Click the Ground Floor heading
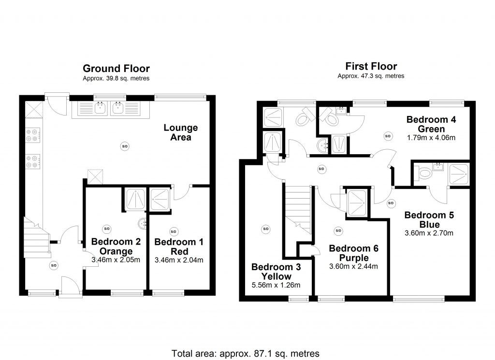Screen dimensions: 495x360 pyautogui.click(x=116, y=69)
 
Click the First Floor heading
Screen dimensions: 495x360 pyautogui.click(x=371, y=66)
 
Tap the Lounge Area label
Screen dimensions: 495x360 pyautogui.click(x=181, y=132)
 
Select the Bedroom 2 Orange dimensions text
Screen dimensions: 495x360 pyautogui.click(x=116, y=260)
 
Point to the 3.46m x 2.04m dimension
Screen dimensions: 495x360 pyautogui.click(x=179, y=260)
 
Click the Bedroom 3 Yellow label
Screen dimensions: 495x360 pyautogui.click(x=276, y=272)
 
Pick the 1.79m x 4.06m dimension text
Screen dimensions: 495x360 pyautogui.click(x=431, y=138)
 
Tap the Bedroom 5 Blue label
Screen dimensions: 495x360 pyautogui.click(x=429, y=219)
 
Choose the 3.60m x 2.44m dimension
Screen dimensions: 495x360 pyautogui.click(x=353, y=266)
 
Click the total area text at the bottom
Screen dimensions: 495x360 pyautogui.click(x=245, y=353)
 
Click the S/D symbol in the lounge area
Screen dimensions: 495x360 pyautogui.click(x=125, y=146)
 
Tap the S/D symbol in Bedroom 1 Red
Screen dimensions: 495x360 pyautogui.click(x=174, y=231)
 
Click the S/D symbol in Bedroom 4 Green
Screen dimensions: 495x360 pyautogui.click(x=388, y=136)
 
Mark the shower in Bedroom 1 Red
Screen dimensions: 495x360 pyautogui.click(x=160, y=200)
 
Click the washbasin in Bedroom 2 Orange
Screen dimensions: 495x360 pyautogui.click(x=143, y=224)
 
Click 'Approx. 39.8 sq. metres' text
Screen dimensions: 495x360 pyautogui.click(x=116, y=78)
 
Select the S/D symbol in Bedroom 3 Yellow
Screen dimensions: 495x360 pyautogui.click(x=266, y=229)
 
